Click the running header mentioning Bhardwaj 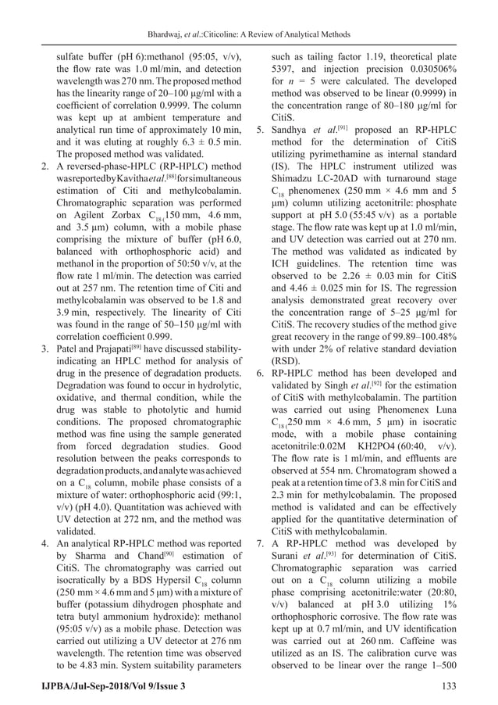[249, 34]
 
